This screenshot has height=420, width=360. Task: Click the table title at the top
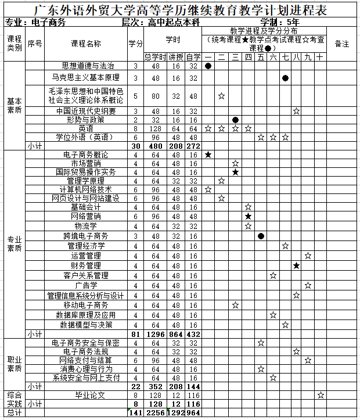coord(180,10)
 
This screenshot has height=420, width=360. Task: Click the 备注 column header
coord(342,44)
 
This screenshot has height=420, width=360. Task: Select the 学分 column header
coord(135,44)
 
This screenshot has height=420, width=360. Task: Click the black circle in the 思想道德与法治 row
coord(208,66)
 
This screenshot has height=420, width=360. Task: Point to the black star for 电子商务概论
coord(208,155)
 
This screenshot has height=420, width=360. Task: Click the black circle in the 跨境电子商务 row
coord(261,236)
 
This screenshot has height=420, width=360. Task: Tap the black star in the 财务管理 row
coord(296,265)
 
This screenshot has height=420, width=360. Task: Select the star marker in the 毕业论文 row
coord(321,394)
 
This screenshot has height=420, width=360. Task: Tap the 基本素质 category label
coord(14,105)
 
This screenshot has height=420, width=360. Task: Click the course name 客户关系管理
coord(86,275)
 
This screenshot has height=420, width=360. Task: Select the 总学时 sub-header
coord(155,56)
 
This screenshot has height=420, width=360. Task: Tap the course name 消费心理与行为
coord(86,368)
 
